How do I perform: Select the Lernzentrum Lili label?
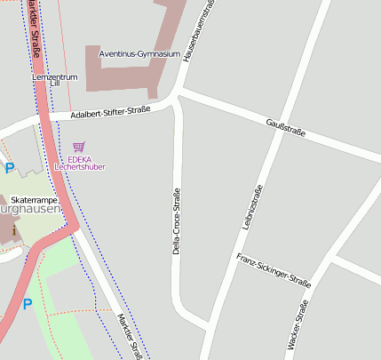pos(55,81)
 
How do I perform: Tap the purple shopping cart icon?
pos(79,147)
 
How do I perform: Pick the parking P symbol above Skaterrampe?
pos(10,168)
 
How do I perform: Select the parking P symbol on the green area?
pos(28,304)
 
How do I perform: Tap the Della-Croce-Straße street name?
pos(176,221)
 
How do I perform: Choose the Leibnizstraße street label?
pos(250,207)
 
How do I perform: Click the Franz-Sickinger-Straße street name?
pos(274,270)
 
